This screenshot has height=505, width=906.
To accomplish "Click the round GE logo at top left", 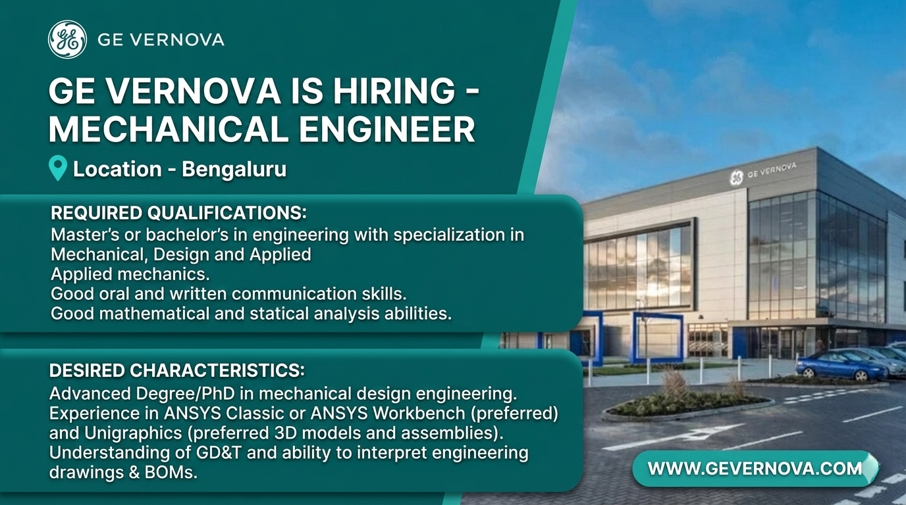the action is coord(67,39).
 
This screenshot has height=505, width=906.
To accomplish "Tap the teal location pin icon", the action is coord(57,168).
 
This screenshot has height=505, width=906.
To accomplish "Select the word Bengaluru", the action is coord(234,169).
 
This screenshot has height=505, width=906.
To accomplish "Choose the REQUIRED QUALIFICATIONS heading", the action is coord(178,213).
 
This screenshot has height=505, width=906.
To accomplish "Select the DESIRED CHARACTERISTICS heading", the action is coord(176,370).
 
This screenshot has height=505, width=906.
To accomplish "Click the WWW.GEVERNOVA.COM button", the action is coord(755,469).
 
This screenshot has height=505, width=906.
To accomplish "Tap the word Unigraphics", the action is coord(133,433).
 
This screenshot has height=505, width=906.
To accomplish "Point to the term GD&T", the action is coord(219,452).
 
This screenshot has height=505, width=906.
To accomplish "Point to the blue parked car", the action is coord(840,365).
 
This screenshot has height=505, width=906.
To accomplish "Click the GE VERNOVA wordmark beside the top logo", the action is coord(161,39).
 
